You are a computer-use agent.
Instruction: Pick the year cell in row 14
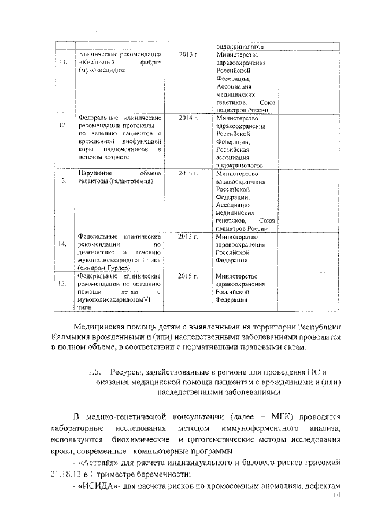(x=188, y=237)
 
